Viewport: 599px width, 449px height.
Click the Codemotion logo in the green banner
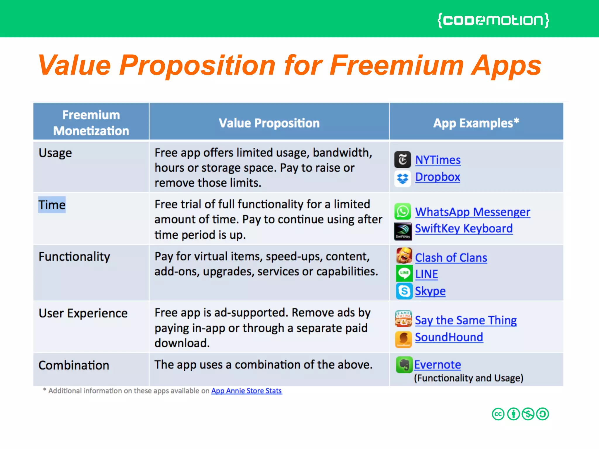(493, 20)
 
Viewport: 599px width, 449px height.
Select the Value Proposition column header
(269, 123)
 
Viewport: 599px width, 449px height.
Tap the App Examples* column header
(476, 123)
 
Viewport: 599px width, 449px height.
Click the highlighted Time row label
(52, 205)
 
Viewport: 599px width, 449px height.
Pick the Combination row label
(74, 365)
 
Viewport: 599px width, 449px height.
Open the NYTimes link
(438, 160)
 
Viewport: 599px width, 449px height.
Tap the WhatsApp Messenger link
(472, 212)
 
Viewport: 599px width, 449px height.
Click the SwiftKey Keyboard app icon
(403, 231)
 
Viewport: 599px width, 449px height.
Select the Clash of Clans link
(451, 258)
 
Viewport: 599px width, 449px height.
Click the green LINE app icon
(404, 273)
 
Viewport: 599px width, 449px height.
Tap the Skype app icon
(404, 291)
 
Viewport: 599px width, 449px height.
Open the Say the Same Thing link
(466, 320)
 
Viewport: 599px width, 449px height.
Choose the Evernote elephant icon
(404, 365)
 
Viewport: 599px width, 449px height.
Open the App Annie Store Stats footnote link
(246, 391)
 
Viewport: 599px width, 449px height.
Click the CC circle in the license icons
(498, 414)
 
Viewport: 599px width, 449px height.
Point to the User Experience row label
(83, 313)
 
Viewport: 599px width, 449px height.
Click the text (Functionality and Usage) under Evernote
(468, 378)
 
